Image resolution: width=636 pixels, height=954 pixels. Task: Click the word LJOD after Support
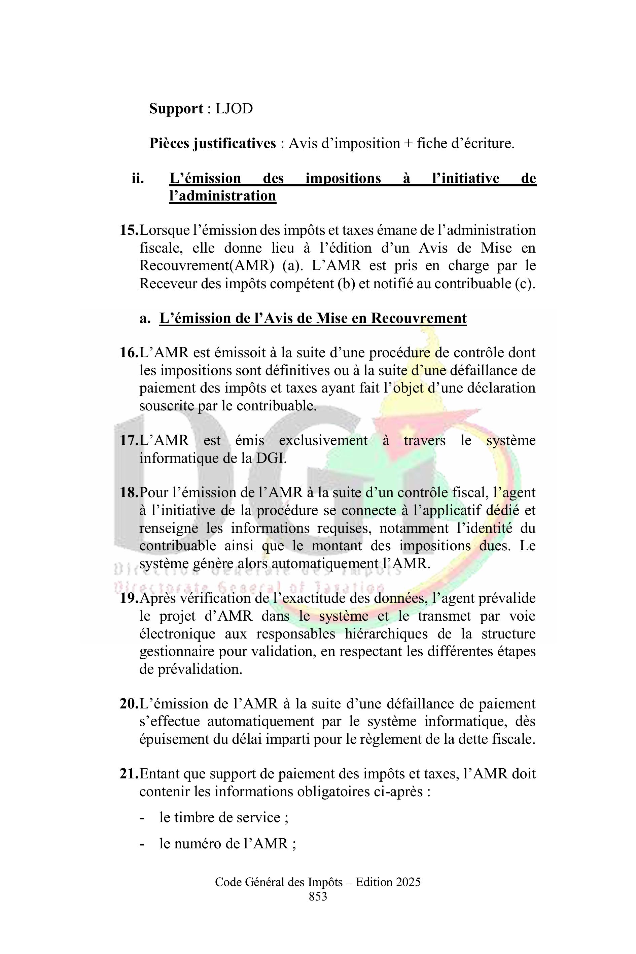[234, 109]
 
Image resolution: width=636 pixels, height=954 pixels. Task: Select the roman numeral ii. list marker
[138, 178]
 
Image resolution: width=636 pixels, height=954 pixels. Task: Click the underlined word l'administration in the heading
[222, 196]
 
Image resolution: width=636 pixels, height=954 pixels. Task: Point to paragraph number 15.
[129, 230]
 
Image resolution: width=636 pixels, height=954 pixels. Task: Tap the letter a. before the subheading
[145, 318]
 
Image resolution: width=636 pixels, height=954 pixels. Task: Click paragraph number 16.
[129, 353]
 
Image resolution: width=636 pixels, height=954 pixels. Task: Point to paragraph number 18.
[129, 492]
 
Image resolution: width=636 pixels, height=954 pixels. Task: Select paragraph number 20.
[129, 704]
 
